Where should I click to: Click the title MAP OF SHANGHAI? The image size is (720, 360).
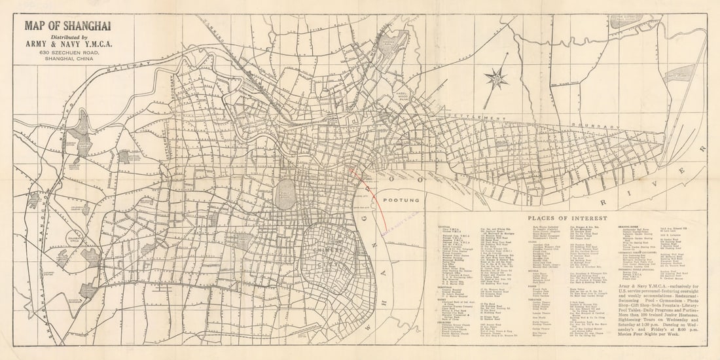pyautogui.click(x=67, y=26)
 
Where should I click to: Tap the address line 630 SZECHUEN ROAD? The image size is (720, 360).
pyautogui.click(x=67, y=52)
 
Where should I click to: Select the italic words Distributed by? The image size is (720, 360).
pyautogui.click(x=67, y=37)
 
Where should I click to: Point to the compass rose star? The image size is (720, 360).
pyautogui.click(x=496, y=79)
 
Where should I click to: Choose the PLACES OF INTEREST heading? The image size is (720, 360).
pyautogui.click(x=567, y=218)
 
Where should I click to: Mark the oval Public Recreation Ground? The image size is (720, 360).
pyautogui.click(x=285, y=194)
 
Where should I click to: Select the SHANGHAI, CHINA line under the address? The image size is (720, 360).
pyautogui.click(x=67, y=59)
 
